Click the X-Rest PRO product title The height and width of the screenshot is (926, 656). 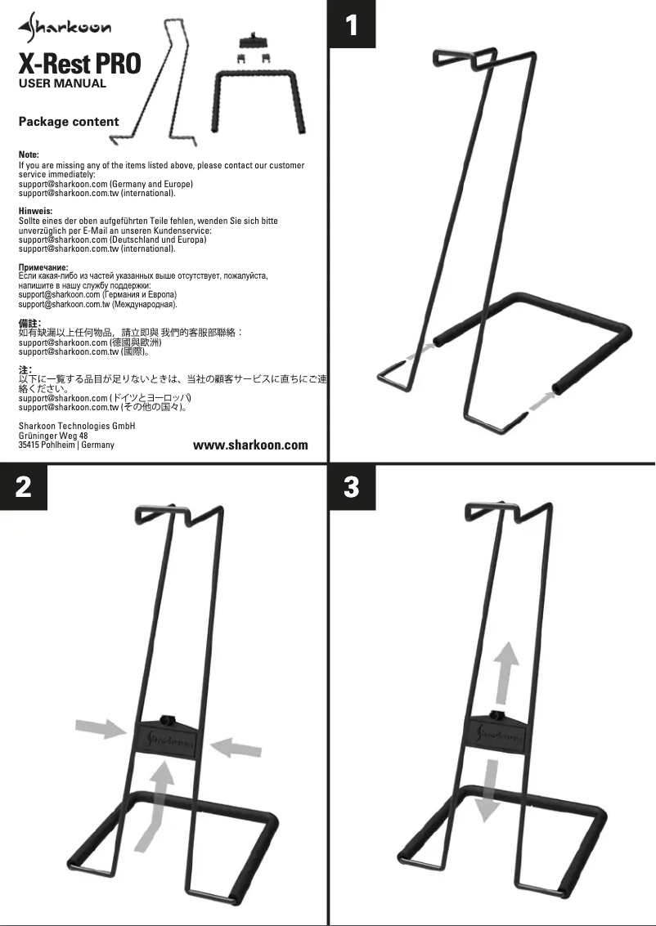tap(79, 63)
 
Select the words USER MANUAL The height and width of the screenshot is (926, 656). tap(62, 83)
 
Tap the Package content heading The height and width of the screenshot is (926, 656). tap(69, 122)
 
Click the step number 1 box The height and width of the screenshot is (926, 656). tap(352, 25)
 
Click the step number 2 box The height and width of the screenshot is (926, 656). tap(24, 488)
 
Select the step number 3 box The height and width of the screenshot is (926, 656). tap(352, 488)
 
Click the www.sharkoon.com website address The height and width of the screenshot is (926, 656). tap(250, 445)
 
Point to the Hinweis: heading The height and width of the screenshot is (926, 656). tap(35, 211)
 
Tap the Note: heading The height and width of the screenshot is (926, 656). tap(29, 154)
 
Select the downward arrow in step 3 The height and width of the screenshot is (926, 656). tap(490, 789)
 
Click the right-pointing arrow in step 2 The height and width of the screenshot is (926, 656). tap(100, 728)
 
